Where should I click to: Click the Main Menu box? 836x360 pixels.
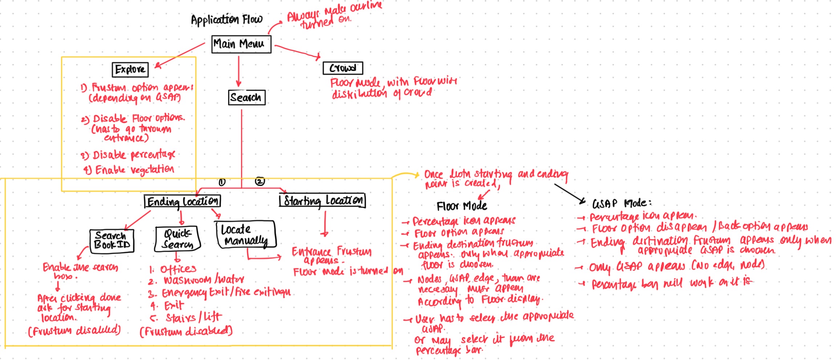[241, 44]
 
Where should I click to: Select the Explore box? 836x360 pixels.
[130, 69]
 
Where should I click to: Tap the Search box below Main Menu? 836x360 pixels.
[246, 97]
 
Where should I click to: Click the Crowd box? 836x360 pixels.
[342, 68]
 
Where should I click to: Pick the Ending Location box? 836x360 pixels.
[182, 201]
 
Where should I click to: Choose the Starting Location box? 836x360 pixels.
[322, 200]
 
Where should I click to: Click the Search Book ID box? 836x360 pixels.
[112, 240]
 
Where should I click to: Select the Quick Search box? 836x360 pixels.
[178, 239]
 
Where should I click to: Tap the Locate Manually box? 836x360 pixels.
[246, 235]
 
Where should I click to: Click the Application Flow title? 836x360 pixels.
[227, 20]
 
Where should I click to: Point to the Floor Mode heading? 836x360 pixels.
[462, 206]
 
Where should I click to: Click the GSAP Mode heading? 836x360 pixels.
[621, 203]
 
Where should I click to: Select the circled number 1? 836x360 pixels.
[222, 182]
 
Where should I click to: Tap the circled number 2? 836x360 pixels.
[259, 181]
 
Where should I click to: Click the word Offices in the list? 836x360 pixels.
[178, 269]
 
